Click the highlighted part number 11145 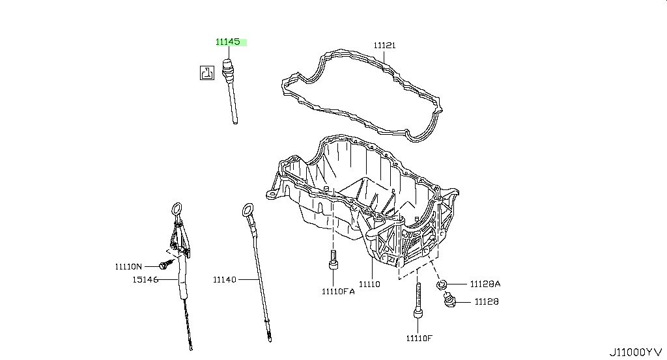pyautogui.click(x=228, y=42)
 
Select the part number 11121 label pyautogui.click(x=384, y=45)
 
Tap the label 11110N pyautogui.click(x=128, y=266)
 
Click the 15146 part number pyautogui.click(x=145, y=280)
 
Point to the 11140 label pyautogui.click(x=225, y=280)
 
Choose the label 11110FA pyautogui.click(x=338, y=292)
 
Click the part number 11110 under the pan pyautogui.click(x=369, y=284)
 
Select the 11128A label pyautogui.click(x=485, y=284)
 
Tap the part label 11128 pyautogui.click(x=487, y=302)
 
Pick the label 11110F pyautogui.click(x=419, y=339)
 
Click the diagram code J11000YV pyautogui.click(x=636, y=352)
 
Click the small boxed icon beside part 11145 pyautogui.click(x=207, y=73)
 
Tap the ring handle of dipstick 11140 pyautogui.click(x=248, y=210)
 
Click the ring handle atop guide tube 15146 pyautogui.click(x=177, y=209)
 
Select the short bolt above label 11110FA pyautogui.click(x=333, y=260)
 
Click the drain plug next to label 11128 pyautogui.click(x=450, y=300)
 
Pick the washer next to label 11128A pyautogui.click(x=442, y=284)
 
